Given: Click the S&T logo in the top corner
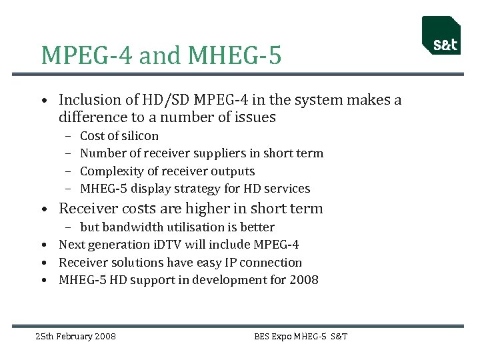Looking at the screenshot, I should (441, 36).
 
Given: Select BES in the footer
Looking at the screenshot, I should (262, 336).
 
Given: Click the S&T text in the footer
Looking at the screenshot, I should (339, 336).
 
